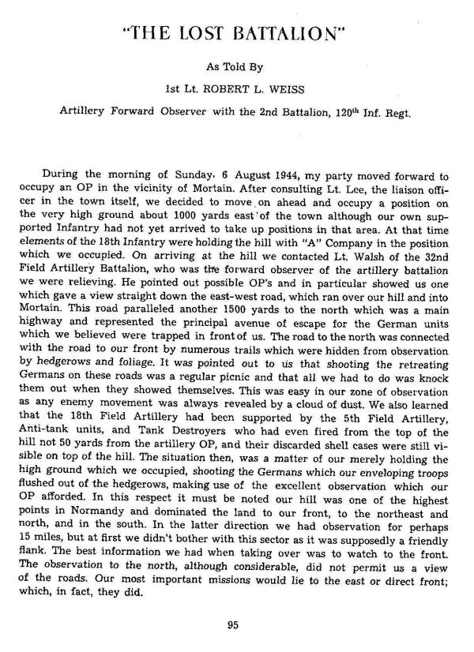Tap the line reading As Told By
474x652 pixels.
click(x=237, y=67)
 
